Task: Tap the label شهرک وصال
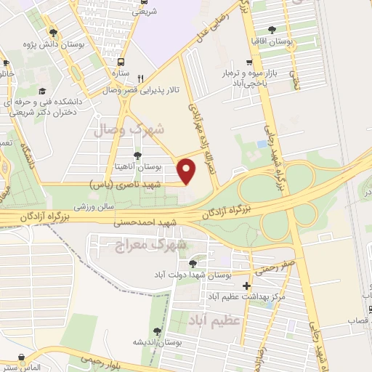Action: [130, 129]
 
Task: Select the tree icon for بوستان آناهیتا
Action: [137, 155]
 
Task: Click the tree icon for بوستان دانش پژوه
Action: [52, 32]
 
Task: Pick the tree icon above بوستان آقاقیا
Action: [272, 31]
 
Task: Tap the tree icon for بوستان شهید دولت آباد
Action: [193, 264]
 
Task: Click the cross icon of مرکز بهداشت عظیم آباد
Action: [248, 286]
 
